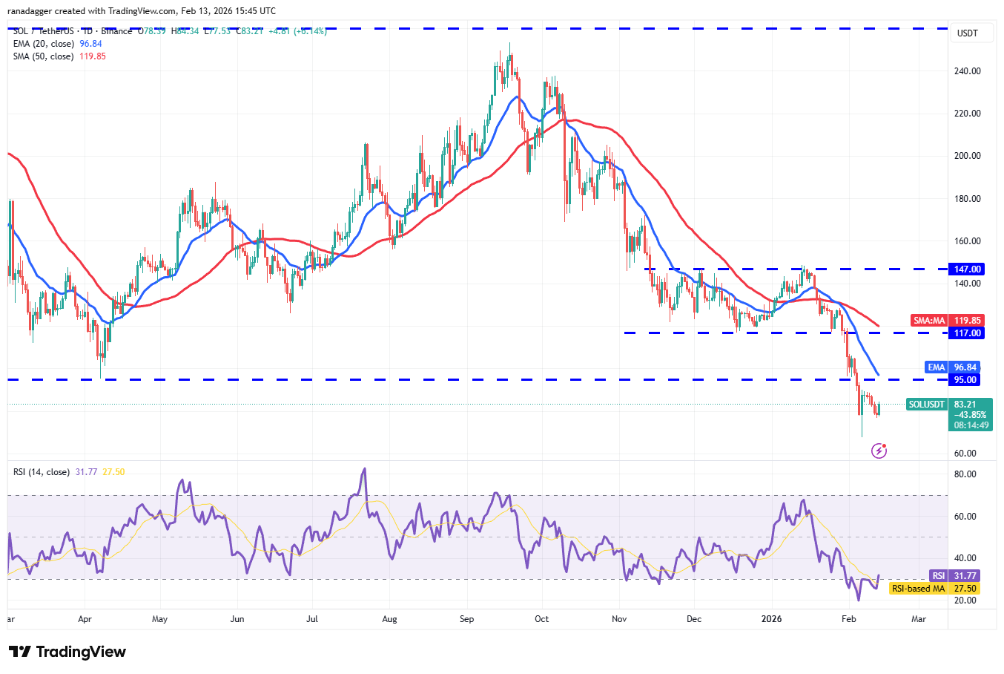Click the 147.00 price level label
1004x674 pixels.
pyautogui.click(x=967, y=269)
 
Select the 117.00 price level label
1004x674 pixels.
pyautogui.click(x=967, y=333)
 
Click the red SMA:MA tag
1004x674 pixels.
pyautogui.click(x=929, y=321)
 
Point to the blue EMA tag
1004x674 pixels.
pyautogui.click(x=937, y=367)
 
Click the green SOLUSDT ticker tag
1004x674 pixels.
pyautogui.click(x=927, y=405)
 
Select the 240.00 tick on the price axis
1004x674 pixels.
pyautogui.click(x=967, y=71)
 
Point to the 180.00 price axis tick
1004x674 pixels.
pyautogui.click(x=967, y=199)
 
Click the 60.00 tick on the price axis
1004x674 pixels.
pyautogui.click(x=965, y=454)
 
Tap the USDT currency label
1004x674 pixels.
pyautogui.click(x=968, y=33)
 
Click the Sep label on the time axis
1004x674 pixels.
pyautogui.click(x=466, y=619)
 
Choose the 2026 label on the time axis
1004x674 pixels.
pyautogui.click(x=772, y=619)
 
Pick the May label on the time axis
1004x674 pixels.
pyautogui.click(x=159, y=619)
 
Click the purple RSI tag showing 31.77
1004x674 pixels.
pyautogui.click(x=939, y=576)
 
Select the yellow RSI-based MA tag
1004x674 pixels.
pyautogui.click(x=918, y=589)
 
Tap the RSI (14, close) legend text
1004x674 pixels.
pyautogui.click(x=42, y=472)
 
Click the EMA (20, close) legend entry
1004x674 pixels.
pyautogui.click(x=43, y=44)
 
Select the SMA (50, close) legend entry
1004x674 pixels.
pyautogui.click(x=43, y=56)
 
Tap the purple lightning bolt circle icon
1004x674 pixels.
pyautogui.click(x=879, y=451)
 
